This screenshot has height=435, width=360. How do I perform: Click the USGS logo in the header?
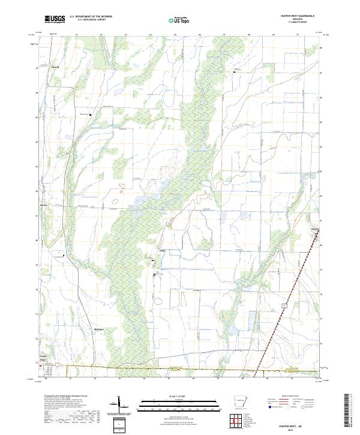55,20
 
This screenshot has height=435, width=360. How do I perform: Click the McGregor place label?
99,329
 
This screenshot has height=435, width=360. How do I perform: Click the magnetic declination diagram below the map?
122,406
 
